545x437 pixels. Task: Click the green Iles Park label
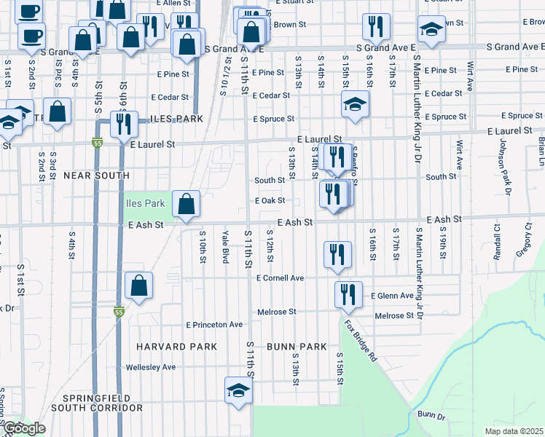(x=146, y=203)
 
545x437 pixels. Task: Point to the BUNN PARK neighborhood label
(x=296, y=347)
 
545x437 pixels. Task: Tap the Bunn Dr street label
(x=431, y=414)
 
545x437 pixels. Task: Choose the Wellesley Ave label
(x=151, y=367)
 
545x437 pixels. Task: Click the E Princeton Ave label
(x=214, y=324)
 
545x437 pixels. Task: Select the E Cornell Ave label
(x=280, y=277)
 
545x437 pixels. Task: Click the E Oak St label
(x=269, y=200)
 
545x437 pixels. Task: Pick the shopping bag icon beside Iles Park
(x=187, y=205)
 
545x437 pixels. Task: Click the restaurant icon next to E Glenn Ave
(x=348, y=295)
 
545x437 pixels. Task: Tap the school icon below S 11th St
(x=238, y=391)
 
